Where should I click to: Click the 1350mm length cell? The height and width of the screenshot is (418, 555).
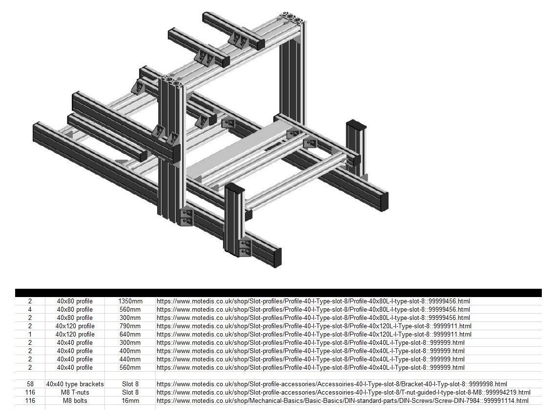pyautogui.click(x=130, y=301)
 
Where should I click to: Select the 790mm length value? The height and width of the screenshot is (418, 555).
pyautogui.click(x=130, y=326)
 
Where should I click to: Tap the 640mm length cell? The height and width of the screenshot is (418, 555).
pyautogui.click(x=130, y=334)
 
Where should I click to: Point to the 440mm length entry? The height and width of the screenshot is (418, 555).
pyautogui.click(x=130, y=359)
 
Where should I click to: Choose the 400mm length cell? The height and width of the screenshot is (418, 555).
pyautogui.click(x=130, y=351)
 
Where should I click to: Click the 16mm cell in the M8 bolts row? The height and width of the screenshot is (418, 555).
pyautogui.click(x=130, y=400)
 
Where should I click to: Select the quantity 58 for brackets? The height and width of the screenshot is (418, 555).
pyautogui.click(x=30, y=384)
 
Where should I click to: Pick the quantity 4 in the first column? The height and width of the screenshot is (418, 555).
pyautogui.click(x=30, y=309)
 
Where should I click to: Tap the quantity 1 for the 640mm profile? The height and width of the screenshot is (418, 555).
pyautogui.click(x=30, y=334)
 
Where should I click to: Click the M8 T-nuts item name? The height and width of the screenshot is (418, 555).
pyautogui.click(x=75, y=392)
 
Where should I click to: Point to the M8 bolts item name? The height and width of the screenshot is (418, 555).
pyautogui.click(x=75, y=400)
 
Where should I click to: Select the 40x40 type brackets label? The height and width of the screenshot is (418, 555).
pyautogui.click(x=75, y=384)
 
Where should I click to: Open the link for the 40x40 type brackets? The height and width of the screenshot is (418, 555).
pyautogui.click(x=331, y=384)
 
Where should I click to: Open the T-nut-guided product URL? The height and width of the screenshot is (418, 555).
pyautogui.click(x=343, y=392)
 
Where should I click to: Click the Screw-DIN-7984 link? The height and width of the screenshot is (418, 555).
pyautogui.click(x=342, y=400)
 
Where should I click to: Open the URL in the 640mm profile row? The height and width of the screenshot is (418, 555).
pyautogui.click(x=314, y=334)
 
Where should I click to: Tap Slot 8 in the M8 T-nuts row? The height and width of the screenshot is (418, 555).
pyautogui.click(x=130, y=392)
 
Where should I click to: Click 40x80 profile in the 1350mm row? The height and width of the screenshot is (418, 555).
pyautogui.click(x=75, y=301)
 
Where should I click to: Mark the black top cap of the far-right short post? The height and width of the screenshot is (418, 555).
pyautogui.click(x=356, y=124)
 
